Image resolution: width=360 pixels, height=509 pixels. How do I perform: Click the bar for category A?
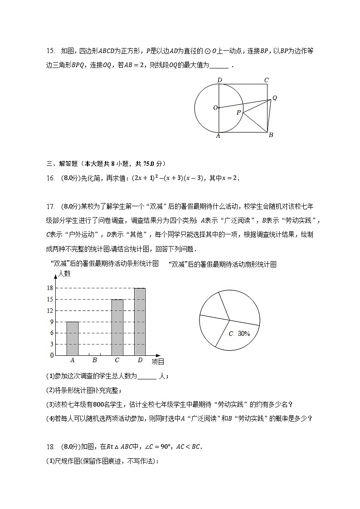click(73, 338)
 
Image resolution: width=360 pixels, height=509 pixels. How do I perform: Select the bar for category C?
click(117, 327)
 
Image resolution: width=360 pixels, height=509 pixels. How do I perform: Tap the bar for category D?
click(140, 321)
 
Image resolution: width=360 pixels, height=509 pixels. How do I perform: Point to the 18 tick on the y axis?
click(50, 288)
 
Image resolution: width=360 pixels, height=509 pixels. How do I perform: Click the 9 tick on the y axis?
click(52, 322)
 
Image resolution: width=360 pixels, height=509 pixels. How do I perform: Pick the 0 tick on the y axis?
click(52, 355)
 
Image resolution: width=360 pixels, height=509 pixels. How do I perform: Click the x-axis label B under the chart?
click(94, 360)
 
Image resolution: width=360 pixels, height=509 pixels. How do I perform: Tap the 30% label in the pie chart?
click(244, 334)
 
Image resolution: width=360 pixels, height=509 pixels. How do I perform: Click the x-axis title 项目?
click(158, 361)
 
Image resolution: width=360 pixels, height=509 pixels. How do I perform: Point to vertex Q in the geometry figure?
click(274, 98)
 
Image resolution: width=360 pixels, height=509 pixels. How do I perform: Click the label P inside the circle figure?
click(238, 112)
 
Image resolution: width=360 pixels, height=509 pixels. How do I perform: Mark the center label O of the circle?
click(215, 108)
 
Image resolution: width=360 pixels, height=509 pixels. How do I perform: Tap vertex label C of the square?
click(267, 80)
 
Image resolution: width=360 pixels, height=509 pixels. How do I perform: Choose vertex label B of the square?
click(271, 135)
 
